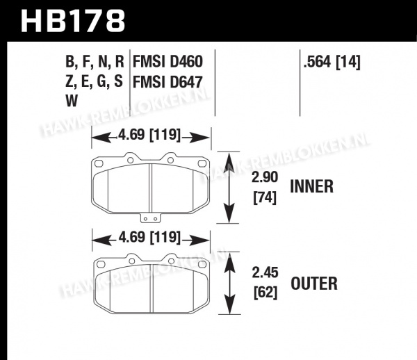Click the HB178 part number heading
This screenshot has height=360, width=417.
tap(73, 20)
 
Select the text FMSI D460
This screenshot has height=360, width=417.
tap(167, 62)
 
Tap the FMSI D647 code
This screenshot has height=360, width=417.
tap(167, 81)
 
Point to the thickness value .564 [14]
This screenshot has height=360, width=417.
tap(332, 63)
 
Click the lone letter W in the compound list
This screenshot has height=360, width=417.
tap(72, 101)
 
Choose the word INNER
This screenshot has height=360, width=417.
tap(311, 186)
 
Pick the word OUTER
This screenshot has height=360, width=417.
tap(314, 284)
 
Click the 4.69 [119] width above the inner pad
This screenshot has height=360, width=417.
tap(149, 135)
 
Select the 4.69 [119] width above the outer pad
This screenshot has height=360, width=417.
tap(149, 237)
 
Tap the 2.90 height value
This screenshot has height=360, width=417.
tap(265, 177)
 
